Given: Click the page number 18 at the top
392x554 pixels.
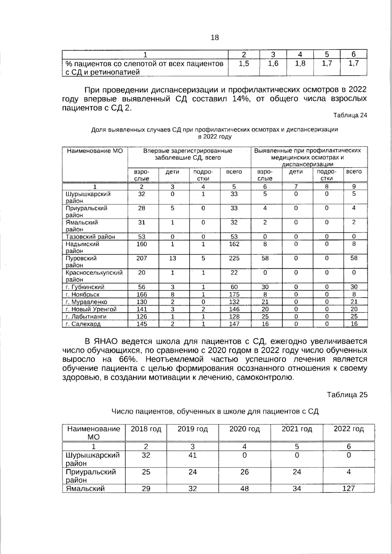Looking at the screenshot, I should click(x=215, y=38).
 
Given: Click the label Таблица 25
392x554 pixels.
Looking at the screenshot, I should click(x=347, y=395).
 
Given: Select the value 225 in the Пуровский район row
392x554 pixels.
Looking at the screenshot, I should click(x=234, y=258).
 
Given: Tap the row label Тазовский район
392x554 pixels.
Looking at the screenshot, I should click(x=90, y=237).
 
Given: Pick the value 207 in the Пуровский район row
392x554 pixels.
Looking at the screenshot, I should click(x=141, y=258).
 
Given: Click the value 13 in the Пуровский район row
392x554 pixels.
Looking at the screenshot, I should click(x=172, y=258).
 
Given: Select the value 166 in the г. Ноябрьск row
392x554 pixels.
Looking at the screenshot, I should click(x=141, y=294).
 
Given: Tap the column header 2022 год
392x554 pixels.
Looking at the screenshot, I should click(x=349, y=429).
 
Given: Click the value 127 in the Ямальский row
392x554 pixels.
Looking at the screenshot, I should click(x=349, y=489).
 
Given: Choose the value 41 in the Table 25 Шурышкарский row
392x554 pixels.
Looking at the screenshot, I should click(x=192, y=455).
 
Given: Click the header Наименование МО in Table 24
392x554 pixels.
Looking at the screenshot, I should click(x=95, y=151).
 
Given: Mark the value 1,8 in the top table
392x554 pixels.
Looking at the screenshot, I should click(x=300, y=64).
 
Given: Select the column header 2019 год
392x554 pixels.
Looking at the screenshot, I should click(x=192, y=429).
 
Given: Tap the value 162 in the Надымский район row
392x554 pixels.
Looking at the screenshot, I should click(x=234, y=244).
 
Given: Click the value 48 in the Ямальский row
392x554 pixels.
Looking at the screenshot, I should click(x=244, y=489).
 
